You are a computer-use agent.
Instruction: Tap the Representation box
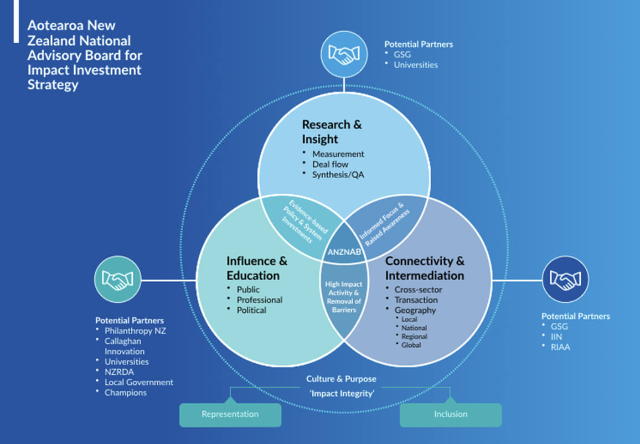230,414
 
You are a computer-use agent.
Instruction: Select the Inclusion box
451,414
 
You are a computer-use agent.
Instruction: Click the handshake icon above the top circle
344,54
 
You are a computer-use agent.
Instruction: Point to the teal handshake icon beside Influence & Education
118,280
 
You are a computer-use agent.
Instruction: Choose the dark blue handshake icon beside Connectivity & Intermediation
565,280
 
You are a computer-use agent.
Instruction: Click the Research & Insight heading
332,131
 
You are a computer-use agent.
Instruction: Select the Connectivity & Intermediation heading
425,268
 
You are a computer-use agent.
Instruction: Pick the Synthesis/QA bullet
338,174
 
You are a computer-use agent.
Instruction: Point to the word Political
251,310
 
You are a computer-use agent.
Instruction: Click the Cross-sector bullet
418,289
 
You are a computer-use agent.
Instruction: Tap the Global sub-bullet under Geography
411,345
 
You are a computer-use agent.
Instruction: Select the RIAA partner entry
560,347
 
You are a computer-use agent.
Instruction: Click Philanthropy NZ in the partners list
135,331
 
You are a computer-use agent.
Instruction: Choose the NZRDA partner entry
119,372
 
